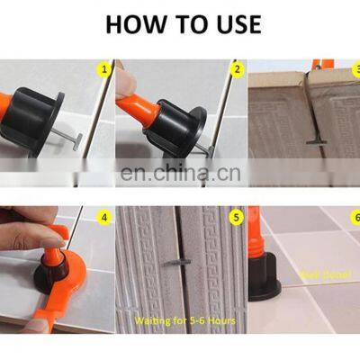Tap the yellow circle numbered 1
tap(104, 68)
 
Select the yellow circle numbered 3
tap(353, 68)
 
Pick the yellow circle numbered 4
tap(104, 216)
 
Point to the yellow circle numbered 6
tap(353, 216)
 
